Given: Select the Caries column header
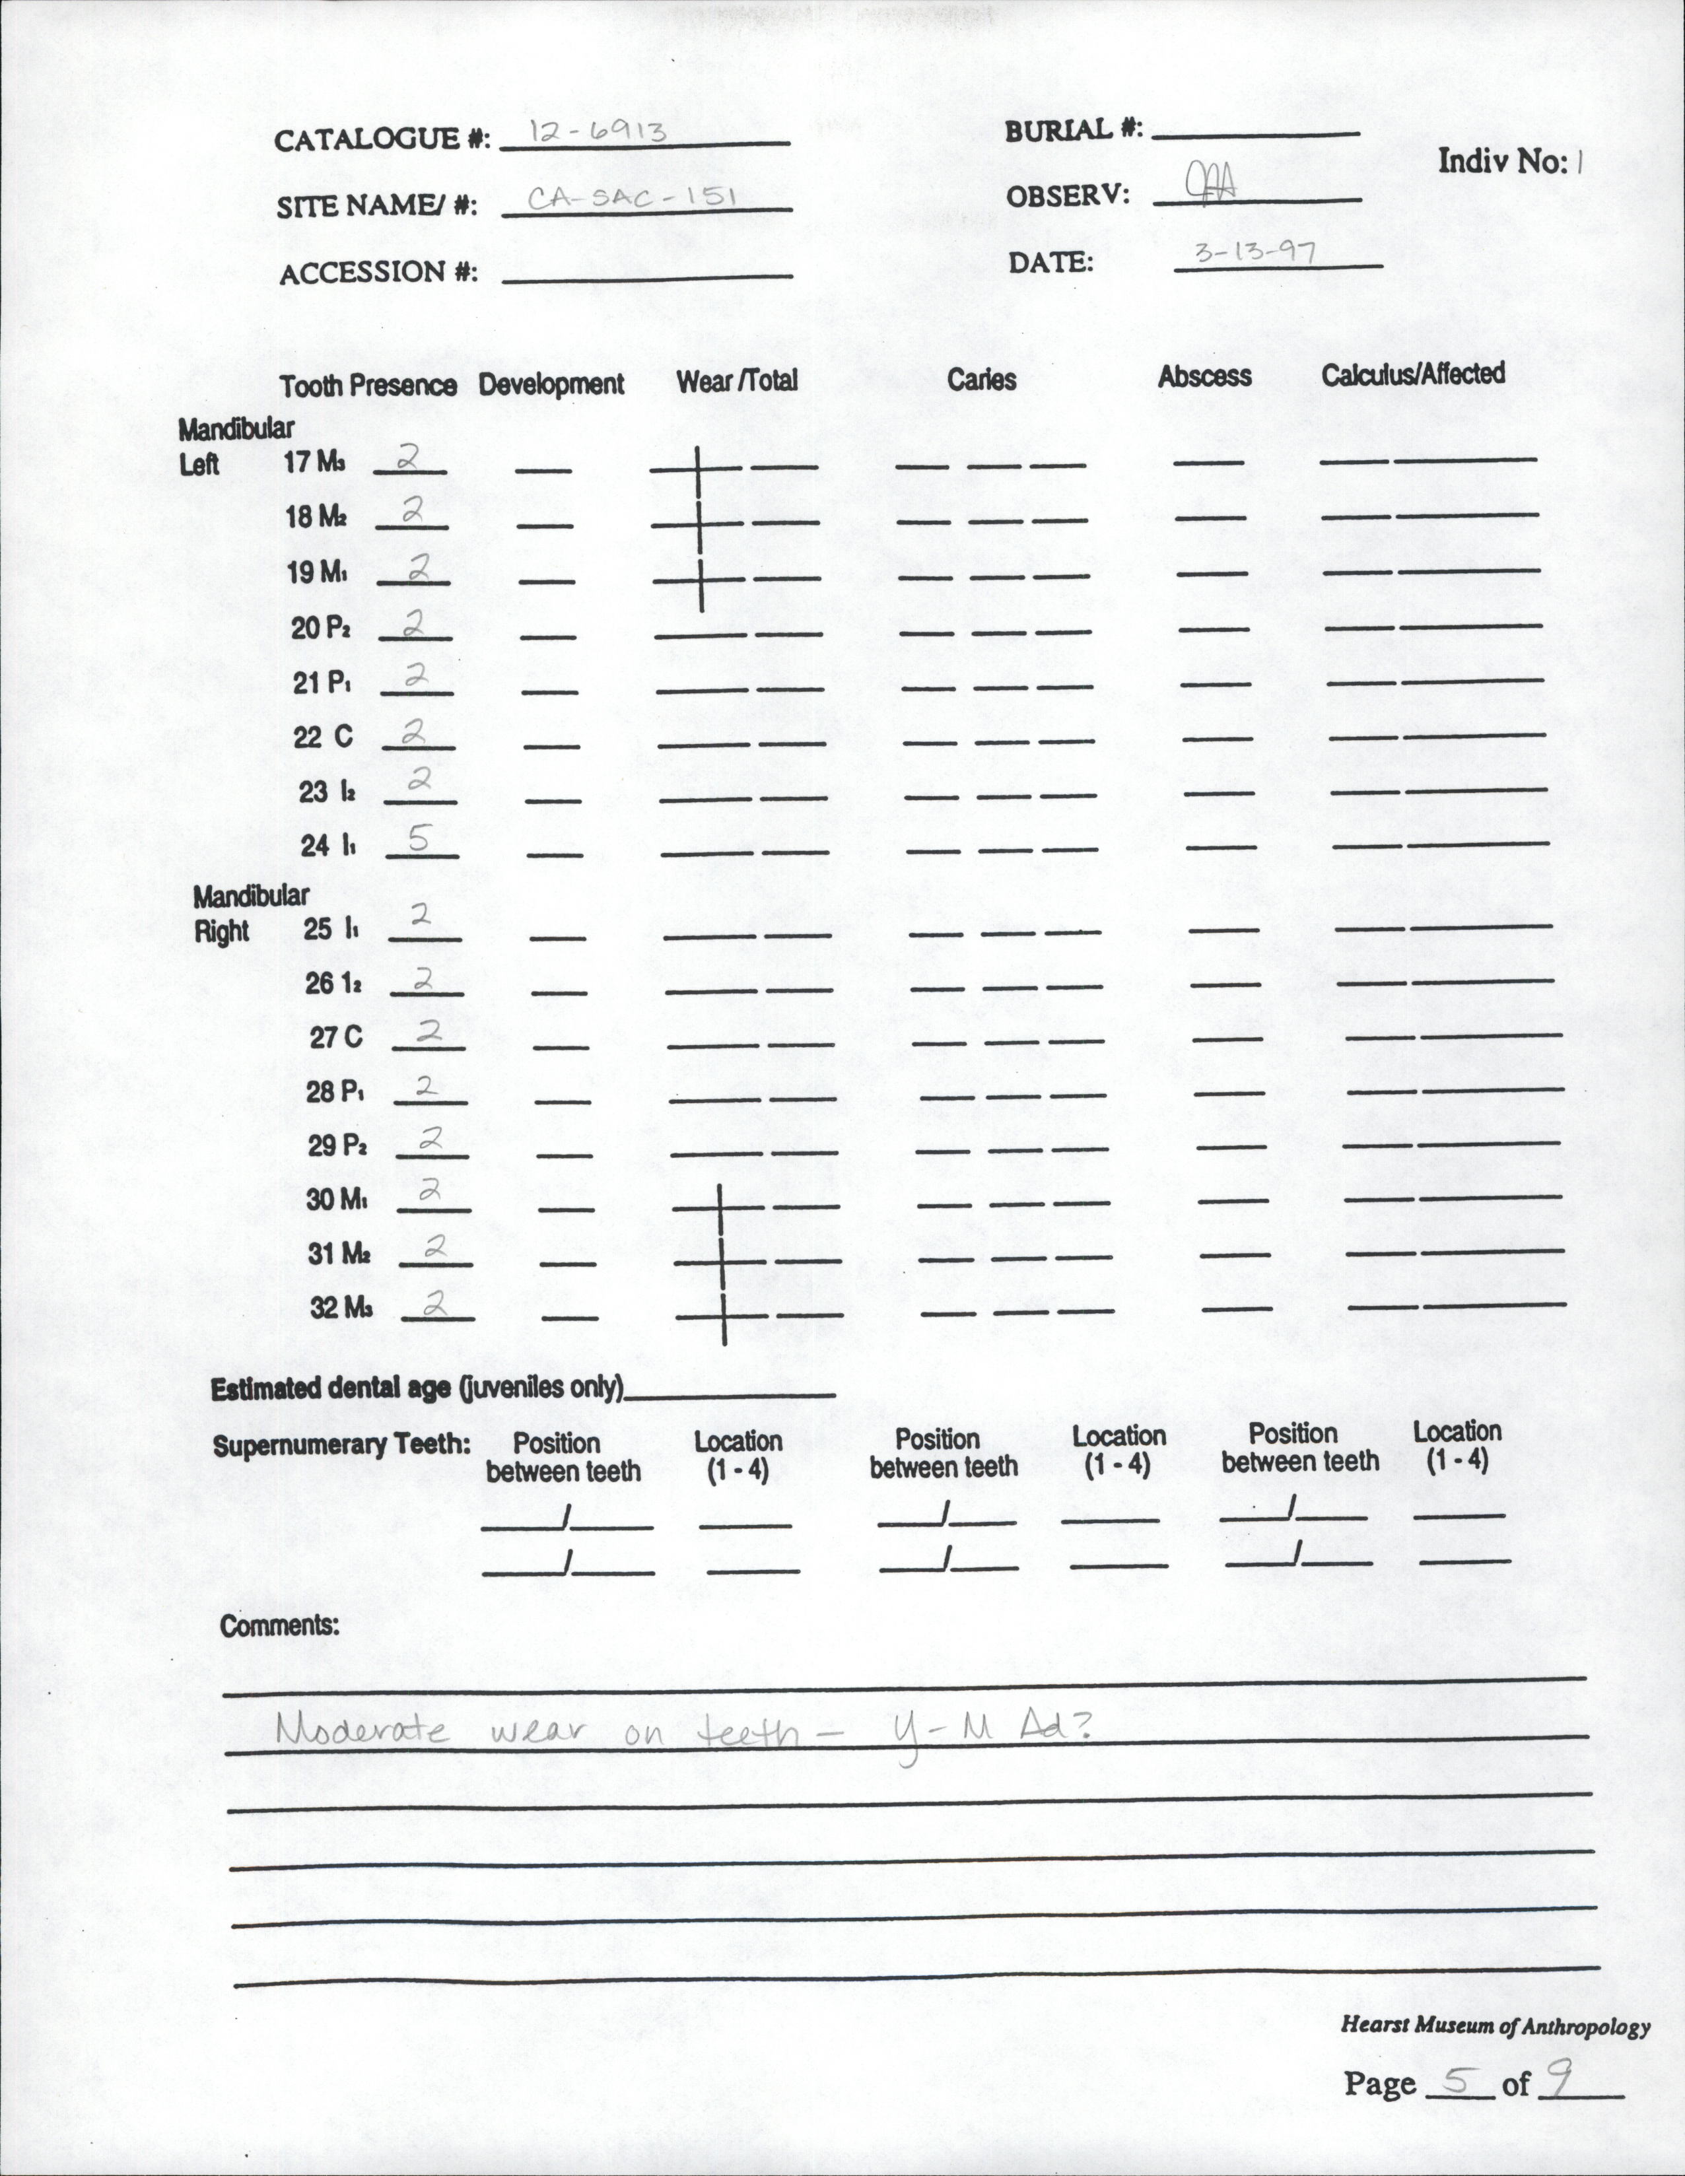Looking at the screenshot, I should [x=982, y=380].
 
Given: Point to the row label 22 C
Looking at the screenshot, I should [x=323, y=737].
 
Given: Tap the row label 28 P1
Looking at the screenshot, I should [x=335, y=1092].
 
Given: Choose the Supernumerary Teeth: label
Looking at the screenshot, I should [x=341, y=1446].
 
